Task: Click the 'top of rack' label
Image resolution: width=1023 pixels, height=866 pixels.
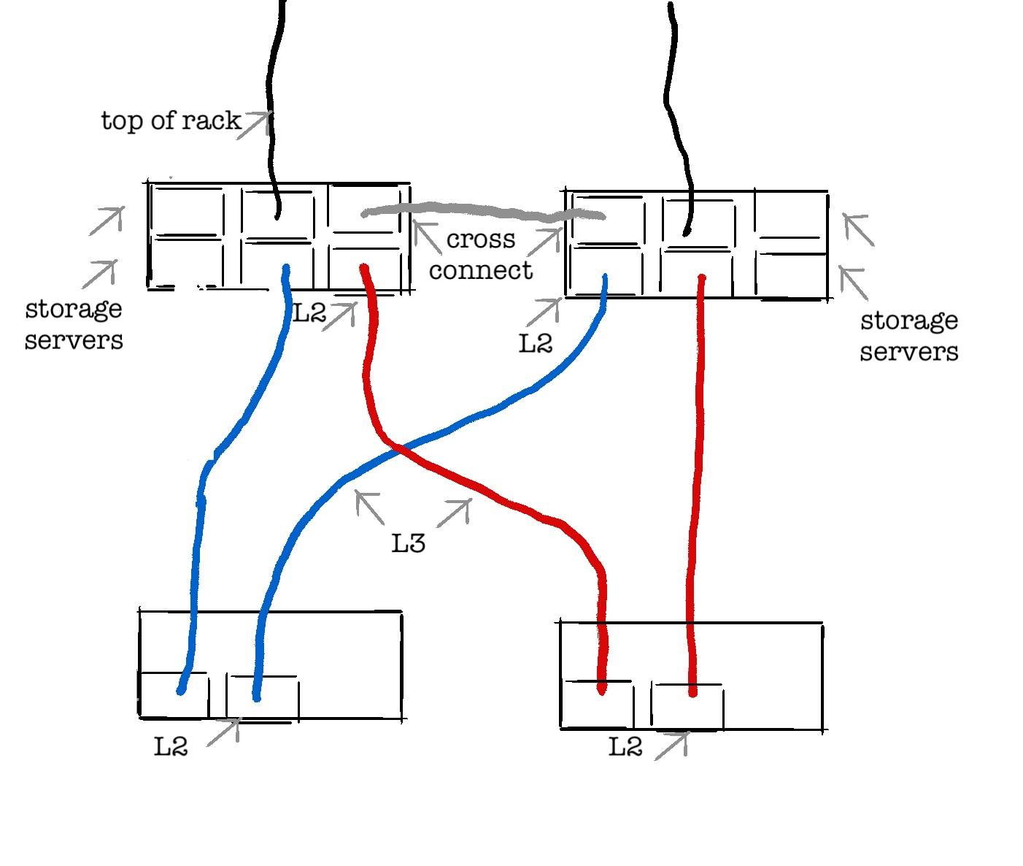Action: tap(171, 120)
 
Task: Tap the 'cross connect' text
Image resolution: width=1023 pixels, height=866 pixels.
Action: tap(481, 255)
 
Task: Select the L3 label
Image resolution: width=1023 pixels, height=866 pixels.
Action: tap(409, 543)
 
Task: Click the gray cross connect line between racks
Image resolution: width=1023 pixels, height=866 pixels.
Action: tap(482, 213)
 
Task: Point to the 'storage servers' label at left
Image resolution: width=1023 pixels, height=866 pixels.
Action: tap(74, 323)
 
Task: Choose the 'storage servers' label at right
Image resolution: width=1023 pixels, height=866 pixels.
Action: tap(908, 336)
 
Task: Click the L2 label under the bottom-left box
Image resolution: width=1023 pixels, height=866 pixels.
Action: tap(171, 746)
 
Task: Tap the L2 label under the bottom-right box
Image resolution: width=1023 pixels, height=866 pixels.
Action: tap(626, 747)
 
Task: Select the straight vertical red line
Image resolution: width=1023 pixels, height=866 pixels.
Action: tap(697, 475)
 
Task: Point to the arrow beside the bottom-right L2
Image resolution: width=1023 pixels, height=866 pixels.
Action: tap(672, 746)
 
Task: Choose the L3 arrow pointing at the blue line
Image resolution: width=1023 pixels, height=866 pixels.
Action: tap(369, 507)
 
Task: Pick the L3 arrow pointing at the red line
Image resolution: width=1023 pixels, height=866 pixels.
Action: tap(454, 513)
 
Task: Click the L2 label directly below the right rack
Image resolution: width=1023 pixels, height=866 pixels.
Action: tap(536, 343)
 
